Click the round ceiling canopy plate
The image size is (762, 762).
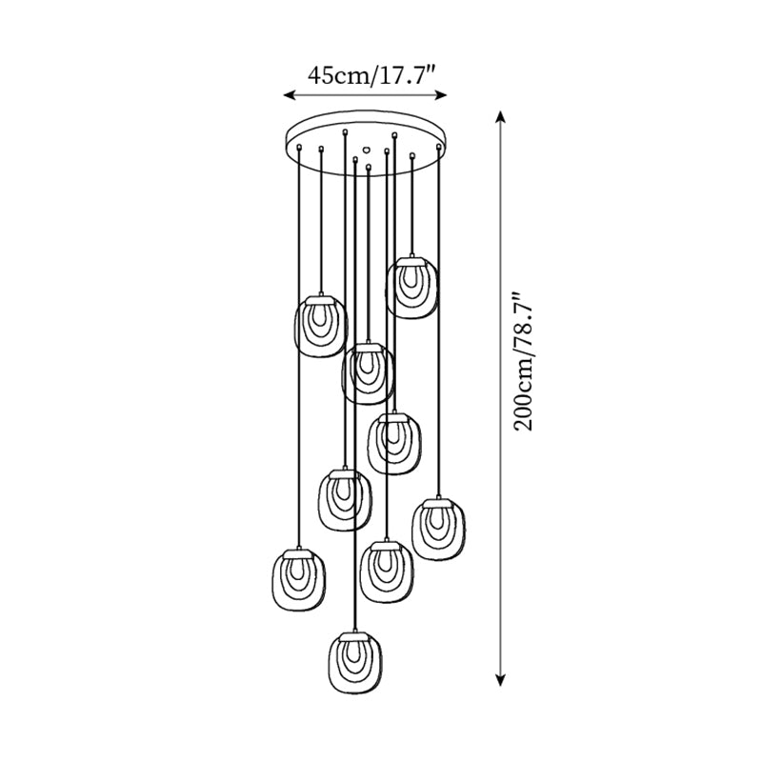point(367,133)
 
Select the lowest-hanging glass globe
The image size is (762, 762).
point(354,664)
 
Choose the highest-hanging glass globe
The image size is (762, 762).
point(411,287)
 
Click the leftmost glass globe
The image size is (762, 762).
point(299,582)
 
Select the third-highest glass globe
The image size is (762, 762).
point(368,374)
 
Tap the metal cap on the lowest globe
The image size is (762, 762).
point(354,633)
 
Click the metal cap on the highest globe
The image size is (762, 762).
point(411,258)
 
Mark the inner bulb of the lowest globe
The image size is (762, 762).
point(354,662)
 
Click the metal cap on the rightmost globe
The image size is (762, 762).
point(438,498)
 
